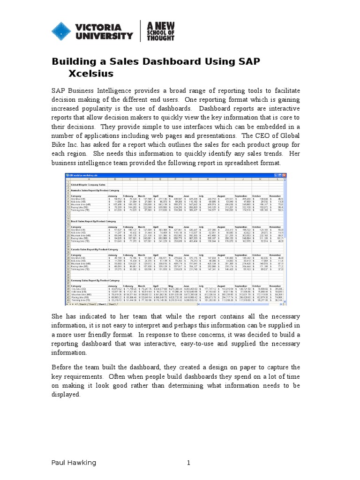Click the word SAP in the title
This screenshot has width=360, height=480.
(x=243, y=62)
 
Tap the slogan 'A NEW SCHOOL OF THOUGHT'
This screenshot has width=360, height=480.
(x=161, y=30)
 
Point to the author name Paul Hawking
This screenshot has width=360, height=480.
(x=74, y=463)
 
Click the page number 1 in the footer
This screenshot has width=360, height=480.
(x=188, y=463)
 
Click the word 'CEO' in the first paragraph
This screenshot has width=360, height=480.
(x=283, y=136)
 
